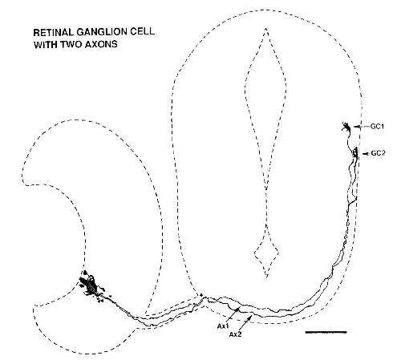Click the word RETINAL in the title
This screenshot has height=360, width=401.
tap(53, 32)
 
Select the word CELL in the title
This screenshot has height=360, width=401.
tap(144, 31)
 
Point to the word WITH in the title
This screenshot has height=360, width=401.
tap(45, 44)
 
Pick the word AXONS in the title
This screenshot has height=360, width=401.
tap(101, 44)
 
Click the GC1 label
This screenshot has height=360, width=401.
tap(377, 127)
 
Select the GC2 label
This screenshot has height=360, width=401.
tap(378, 153)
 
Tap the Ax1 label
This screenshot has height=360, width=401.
tap(222, 326)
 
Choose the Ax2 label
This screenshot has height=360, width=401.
tap(235, 334)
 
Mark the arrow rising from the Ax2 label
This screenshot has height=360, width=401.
tap(246, 323)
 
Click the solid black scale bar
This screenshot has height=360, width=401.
tap(326, 332)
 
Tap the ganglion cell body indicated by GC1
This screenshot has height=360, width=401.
tap(346, 127)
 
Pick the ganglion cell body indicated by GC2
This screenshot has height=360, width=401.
tap(355, 152)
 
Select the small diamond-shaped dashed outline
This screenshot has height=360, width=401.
tap(266, 253)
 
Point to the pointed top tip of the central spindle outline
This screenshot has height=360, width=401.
tap(265, 27)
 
